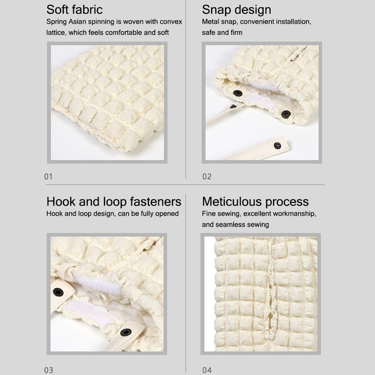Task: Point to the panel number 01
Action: pos(48,177)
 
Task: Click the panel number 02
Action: pos(207,177)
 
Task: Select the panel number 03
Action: pos(49,370)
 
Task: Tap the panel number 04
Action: pos(207,370)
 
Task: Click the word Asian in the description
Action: pos(77,22)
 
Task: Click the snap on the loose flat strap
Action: pos(277,145)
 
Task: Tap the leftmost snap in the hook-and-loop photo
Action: pos(58,292)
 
